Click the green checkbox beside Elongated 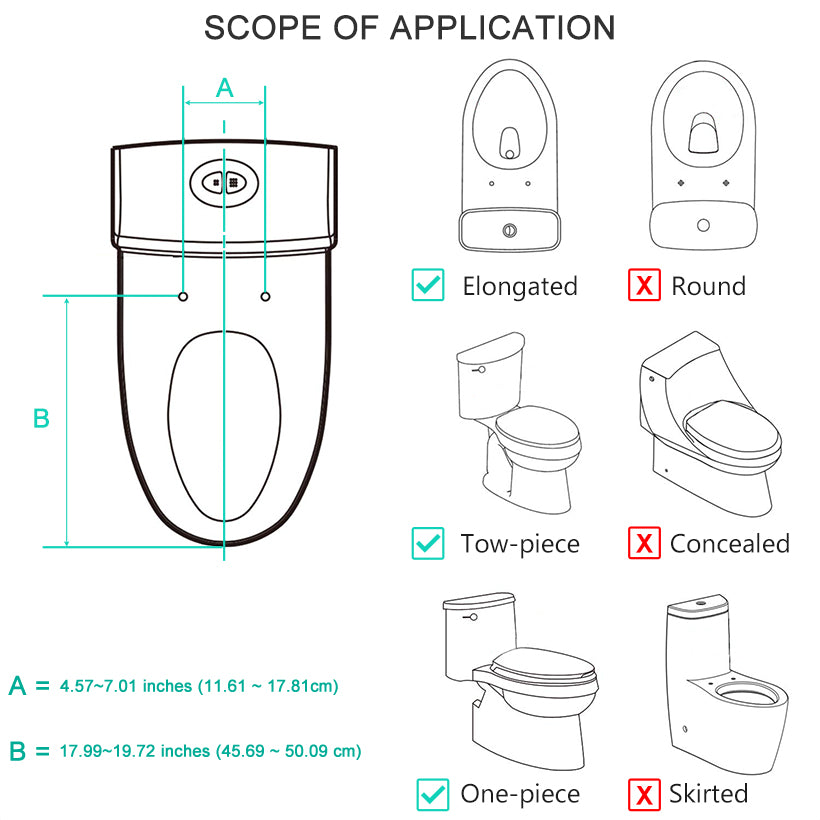[x=428, y=286]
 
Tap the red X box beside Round [x=644, y=286]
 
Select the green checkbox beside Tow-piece [x=428, y=544]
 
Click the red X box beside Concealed [x=644, y=544]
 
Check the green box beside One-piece [x=432, y=795]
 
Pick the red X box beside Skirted [x=644, y=795]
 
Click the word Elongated [x=519, y=287]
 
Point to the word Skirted [x=710, y=795]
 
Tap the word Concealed [x=729, y=544]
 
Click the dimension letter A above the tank [x=225, y=88]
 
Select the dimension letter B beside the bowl [x=41, y=419]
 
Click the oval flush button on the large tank [x=224, y=182]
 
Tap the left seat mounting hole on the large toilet [x=183, y=296]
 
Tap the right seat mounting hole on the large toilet [x=265, y=296]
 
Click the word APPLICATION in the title [x=502, y=27]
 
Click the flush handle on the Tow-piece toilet [x=479, y=370]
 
